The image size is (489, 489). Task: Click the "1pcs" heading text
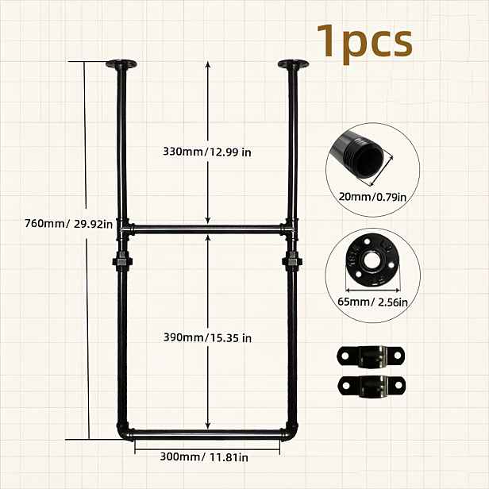(365, 42)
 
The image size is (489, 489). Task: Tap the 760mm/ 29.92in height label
(68, 224)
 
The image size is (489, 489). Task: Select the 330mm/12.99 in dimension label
(207, 152)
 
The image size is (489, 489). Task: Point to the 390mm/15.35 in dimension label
(207, 337)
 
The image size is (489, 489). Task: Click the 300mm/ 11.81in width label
(204, 457)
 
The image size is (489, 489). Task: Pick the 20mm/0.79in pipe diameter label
(372, 197)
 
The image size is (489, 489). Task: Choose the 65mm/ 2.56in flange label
(372, 302)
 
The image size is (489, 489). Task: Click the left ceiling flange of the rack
(121, 64)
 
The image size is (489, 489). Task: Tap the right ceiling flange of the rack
(293, 64)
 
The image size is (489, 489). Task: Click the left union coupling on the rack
(122, 260)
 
